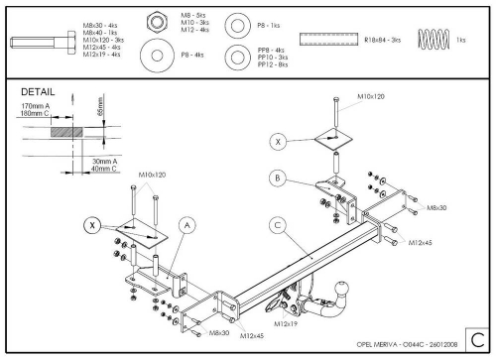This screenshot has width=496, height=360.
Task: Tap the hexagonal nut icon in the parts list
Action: (x=159, y=21)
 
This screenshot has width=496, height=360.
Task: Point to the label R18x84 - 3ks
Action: (x=382, y=40)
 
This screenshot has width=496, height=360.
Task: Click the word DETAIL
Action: (x=38, y=91)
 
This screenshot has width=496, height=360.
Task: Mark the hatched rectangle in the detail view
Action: (x=62, y=131)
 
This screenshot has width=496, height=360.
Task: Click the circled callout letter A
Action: (x=186, y=225)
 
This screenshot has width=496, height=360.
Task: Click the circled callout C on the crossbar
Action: (x=278, y=225)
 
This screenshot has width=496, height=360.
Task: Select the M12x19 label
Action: (x=286, y=323)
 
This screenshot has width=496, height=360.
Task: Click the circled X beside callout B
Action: (x=279, y=143)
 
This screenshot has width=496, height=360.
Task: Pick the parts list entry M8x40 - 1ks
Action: (x=100, y=33)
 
